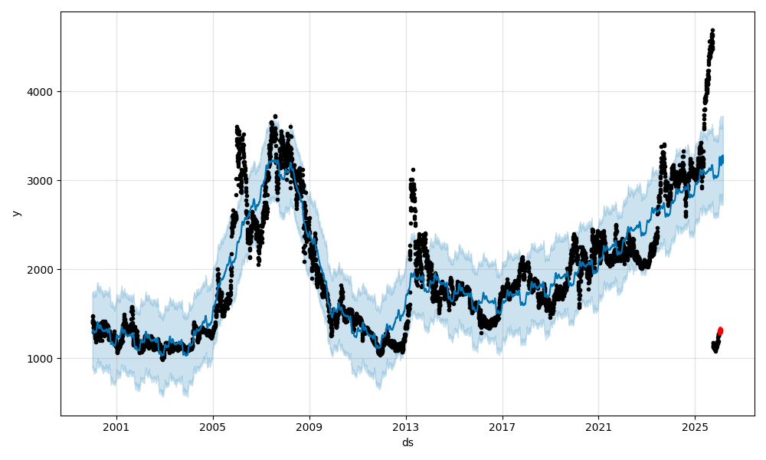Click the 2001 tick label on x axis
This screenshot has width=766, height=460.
[x=116, y=426]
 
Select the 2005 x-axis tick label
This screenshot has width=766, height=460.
[x=213, y=426]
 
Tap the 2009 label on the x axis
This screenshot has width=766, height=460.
[x=309, y=426]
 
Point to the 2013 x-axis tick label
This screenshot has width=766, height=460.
[x=406, y=426]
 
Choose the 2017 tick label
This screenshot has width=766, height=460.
[x=502, y=426]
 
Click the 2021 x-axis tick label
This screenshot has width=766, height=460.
[x=598, y=426]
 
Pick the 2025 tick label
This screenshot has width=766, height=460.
[x=695, y=426]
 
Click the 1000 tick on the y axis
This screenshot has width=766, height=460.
[x=42, y=359]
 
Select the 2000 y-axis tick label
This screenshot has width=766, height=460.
[x=42, y=270]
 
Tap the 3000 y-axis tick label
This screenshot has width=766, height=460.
[x=42, y=181]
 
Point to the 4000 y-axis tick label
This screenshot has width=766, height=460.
[x=42, y=92]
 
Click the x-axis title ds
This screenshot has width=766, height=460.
[x=408, y=442]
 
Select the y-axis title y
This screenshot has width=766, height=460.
[x=15, y=213]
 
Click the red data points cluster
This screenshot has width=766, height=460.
[x=720, y=331]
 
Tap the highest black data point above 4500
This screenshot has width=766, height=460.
[x=712, y=31]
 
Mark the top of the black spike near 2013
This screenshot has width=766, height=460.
[x=413, y=169]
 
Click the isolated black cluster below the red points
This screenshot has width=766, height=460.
[x=715, y=347]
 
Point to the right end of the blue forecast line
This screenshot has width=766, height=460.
[x=723, y=157]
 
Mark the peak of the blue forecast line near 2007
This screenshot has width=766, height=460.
[x=274, y=159]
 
